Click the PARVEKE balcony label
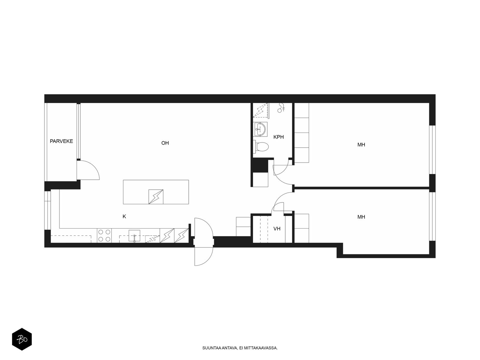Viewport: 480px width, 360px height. (x=61, y=141)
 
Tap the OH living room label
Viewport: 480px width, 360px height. (x=165, y=143)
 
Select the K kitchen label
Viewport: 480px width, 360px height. (x=124, y=216)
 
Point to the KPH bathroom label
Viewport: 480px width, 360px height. (x=278, y=137)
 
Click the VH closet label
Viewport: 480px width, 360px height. (x=277, y=229)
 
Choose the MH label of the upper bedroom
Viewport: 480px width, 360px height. (x=361, y=145)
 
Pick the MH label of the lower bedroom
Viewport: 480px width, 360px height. (x=361, y=217)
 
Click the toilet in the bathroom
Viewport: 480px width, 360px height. (x=260, y=146)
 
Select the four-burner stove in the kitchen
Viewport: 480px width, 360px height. (x=104, y=235)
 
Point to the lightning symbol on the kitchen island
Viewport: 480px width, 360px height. (x=156, y=197)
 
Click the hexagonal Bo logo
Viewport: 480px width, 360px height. (x=22, y=339)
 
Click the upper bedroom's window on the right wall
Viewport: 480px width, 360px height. (x=432, y=150)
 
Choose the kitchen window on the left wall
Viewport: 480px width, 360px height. (x=47, y=210)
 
